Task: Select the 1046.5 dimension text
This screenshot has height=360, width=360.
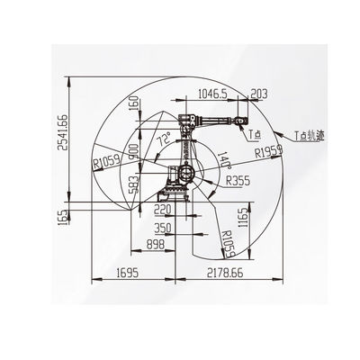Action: (212, 94)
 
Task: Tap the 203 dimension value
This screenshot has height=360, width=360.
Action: (258, 94)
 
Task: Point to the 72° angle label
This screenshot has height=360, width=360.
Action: (164, 139)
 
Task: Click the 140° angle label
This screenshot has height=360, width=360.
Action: (224, 159)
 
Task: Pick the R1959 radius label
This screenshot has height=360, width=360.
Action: (269, 151)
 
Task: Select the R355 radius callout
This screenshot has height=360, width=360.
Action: (238, 181)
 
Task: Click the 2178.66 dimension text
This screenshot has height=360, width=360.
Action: (225, 273)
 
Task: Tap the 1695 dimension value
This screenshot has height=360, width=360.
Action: (128, 273)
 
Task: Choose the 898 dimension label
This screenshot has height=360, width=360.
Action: (156, 245)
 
